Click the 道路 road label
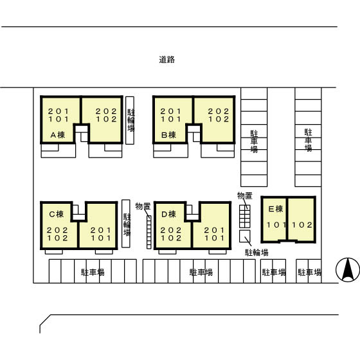tap(167, 60)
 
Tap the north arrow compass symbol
tap(348, 270)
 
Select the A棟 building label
tap(58, 135)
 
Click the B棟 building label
tap(168, 135)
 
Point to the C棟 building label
tap(57, 214)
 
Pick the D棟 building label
tap(168, 214)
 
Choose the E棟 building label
tap(276, 209)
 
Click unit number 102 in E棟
tap(302, 225)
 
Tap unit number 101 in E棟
tap(276, 225)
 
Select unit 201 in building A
tap(59, 111)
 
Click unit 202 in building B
tap(219, 111)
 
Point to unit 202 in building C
tap(57, 230)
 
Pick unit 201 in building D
tap(215, 230)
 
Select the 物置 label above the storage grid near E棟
tap(245, 196)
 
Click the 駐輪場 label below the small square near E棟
tap(256, 253)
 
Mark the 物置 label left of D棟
tap(143, 206)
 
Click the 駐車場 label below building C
tap(93, 273)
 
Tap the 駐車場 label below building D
tap(201, 273)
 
